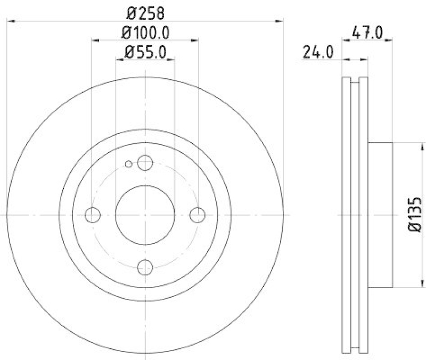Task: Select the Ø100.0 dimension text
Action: [x=145, y=32]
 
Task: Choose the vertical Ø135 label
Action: [x=415, y=214]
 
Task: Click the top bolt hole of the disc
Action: [x=145, y=163]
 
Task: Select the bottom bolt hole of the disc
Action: [x=145, y=267]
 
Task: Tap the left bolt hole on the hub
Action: [x=93, y=215]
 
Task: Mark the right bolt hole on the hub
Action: [x=198, y=215]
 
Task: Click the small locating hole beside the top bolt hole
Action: [x=128, y=163]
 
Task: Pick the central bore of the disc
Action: [x=145, y=215]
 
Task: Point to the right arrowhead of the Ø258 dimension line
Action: [x=279, y=21]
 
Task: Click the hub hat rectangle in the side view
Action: [x=380, y=215]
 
